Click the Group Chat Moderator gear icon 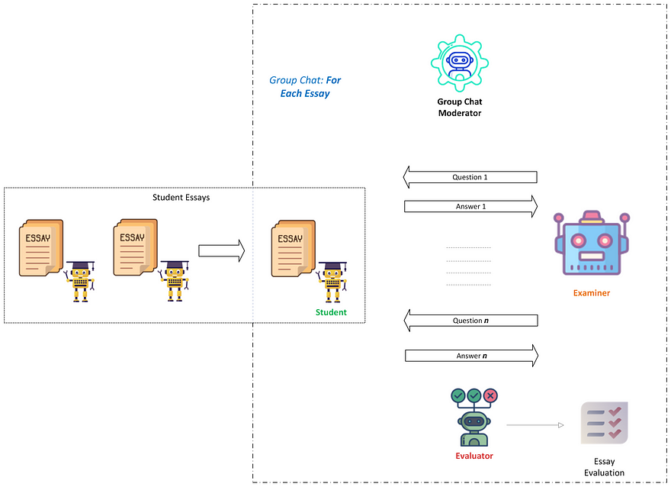coord(459,63)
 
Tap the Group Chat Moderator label coord(459,108)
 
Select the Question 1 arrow coord(470,178)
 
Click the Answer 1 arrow coord(470,206)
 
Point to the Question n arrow coord(470,321)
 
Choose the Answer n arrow coord(470,356)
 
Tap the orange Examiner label coord(592,293)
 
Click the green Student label coord(331,312)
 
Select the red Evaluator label coord(474,456)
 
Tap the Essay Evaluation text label coord(604,467)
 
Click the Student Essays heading coord(181,198)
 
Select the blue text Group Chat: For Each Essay coord(305,86)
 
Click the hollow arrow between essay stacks coord(221,250)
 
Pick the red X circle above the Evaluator coord(490,395)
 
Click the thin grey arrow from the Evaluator coord(534,425)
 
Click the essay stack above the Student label coord(291,247)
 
